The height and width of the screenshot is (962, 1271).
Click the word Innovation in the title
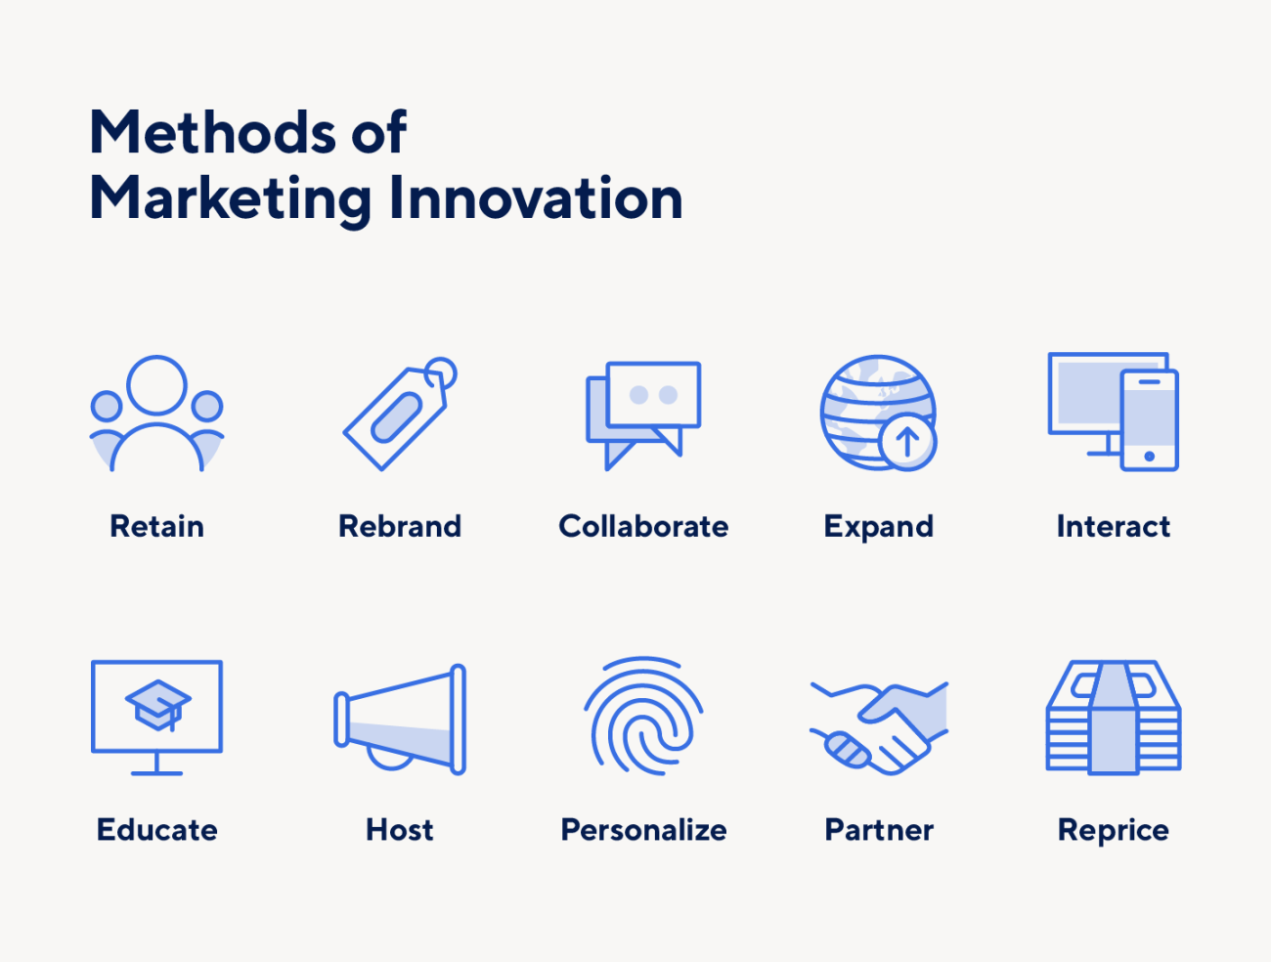tap(535, 198)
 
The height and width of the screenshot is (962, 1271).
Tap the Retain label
tap(156, 527)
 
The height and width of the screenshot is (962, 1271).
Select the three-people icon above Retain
tap(156, 414)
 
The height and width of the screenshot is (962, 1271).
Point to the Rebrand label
tap(399, 527)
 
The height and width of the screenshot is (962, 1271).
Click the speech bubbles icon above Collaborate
tap(643, 414)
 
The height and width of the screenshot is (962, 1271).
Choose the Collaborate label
tap(643, 527)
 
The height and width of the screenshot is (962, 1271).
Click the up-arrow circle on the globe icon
tap(907, 441)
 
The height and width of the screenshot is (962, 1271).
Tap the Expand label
tap(878, 527)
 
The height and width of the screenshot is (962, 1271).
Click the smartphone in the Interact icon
tap(1149, 419)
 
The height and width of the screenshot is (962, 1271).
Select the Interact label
tap(1113, 527)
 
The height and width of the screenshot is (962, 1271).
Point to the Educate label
tap(156, 830)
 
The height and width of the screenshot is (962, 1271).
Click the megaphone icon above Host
tap(400, 720)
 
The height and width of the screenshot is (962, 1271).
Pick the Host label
tap(399, 830)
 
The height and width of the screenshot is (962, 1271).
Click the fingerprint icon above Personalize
tap(643, 717)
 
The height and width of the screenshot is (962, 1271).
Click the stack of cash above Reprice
tap(1113, 718)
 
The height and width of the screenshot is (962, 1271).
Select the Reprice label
tap(1113, 830)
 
